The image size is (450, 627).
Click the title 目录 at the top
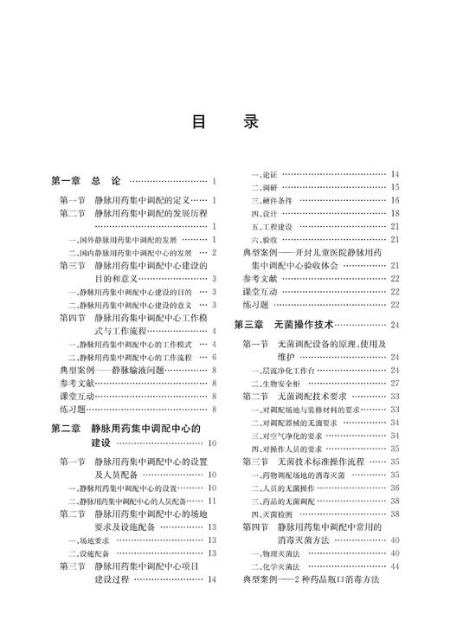tap(224, 123)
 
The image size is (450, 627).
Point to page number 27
tap(394, 382)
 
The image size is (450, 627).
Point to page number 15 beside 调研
tap(394, 187)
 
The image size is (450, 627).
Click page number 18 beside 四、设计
tap(394, 213)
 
